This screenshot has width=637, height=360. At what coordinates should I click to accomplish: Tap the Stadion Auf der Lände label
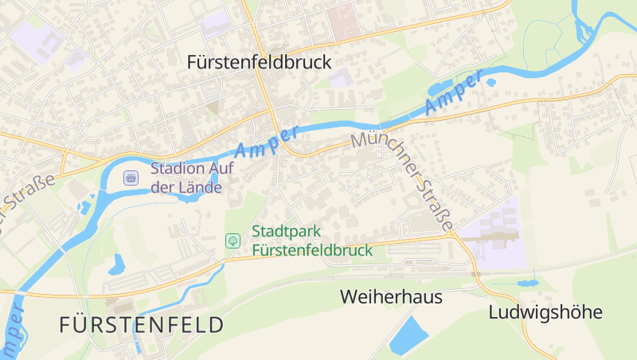186,178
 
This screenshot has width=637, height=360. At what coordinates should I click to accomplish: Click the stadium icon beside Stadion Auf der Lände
131,178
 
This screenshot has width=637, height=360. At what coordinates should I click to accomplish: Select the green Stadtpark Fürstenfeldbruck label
311,241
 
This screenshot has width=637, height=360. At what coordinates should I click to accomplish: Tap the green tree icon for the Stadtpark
233,240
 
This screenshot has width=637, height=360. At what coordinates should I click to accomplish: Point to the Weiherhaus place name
390,297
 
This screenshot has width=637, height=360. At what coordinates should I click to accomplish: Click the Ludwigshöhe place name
545,311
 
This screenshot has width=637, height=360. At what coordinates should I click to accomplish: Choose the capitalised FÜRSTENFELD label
141,325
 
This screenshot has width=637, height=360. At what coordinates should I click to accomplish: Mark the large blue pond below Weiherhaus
409,335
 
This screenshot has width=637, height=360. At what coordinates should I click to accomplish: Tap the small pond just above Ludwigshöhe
526,282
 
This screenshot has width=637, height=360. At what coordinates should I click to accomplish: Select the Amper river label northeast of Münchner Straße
454,92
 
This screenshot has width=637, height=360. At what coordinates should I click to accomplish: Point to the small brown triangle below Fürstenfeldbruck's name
212,107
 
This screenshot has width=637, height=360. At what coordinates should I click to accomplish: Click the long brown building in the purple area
490,236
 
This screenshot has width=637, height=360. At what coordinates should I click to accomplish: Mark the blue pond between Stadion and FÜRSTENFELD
118,262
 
